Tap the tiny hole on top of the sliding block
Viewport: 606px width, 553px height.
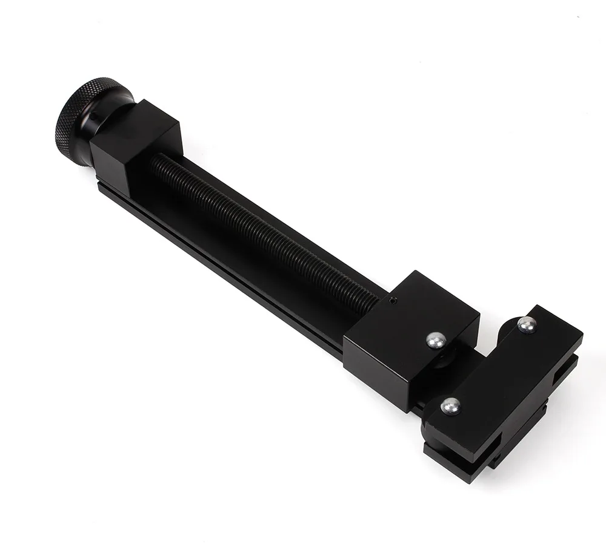pyautogui.click(x=393, y=299)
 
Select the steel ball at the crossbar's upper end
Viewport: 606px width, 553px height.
pyautogui.click(x=526, y=325)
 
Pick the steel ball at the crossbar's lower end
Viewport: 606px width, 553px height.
pyautogui.click(x=450, y=406)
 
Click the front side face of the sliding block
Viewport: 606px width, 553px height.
pyautogui.click(x=376, y=363)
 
